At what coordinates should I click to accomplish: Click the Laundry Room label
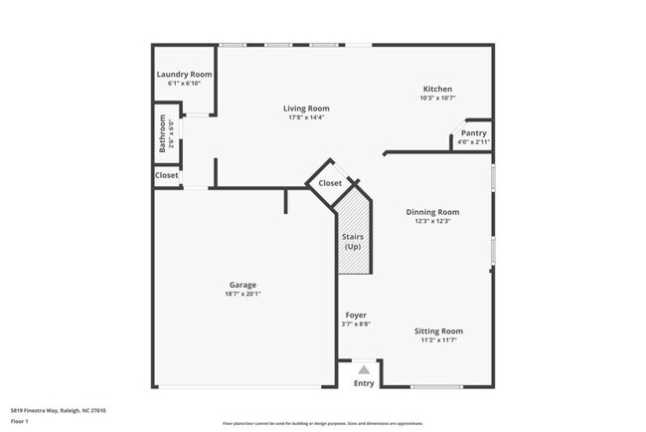click(x=185, y=75)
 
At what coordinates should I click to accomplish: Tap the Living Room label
click(x=306, y=108)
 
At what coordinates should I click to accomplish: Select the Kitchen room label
click(x=437, y=89)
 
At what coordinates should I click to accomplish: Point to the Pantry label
click(x=474, y=133)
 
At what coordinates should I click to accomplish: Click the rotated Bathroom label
click(x=163, y=132)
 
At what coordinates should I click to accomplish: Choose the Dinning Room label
click(x=432, y=212)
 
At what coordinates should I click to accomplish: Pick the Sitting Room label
click(x=438, y=330)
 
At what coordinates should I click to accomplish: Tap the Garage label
click(x=242, y=285)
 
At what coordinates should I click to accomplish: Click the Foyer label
click(x=356, y=316)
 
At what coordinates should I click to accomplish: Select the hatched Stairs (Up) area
click(x=353, y=239)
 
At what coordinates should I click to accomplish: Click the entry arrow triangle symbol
click(x=364, y=369)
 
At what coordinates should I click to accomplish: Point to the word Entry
click(x=365, y=383)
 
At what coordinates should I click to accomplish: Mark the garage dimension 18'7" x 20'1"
click(x=242, y=294)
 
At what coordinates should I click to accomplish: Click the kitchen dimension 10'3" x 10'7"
click(x=437, y=98)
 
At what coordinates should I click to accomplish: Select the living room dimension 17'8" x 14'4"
click(x=306, y=117)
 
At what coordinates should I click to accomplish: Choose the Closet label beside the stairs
click(x=330, y=183)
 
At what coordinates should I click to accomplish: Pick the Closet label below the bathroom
click(x=167, y=175)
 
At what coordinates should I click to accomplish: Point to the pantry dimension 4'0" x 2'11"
click(x=474, y=142)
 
